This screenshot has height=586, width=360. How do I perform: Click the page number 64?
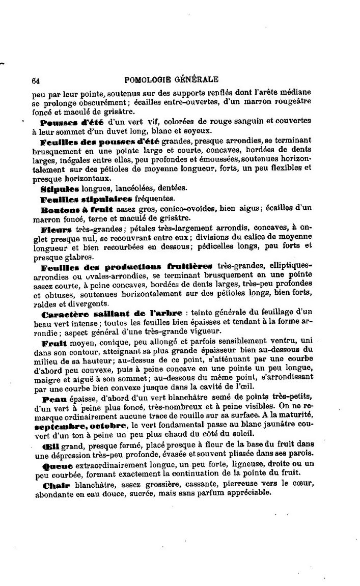coord(36,80)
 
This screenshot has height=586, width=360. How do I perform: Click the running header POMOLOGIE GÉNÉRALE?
coord(171,79)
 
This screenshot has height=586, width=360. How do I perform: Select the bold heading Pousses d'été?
coord(71,122)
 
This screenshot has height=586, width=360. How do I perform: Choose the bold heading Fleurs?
coord(57,230)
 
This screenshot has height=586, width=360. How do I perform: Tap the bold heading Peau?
coord(52,399)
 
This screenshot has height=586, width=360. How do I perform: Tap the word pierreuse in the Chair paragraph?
coord(247,485)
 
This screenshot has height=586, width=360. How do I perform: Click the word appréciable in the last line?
coord(242,493)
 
